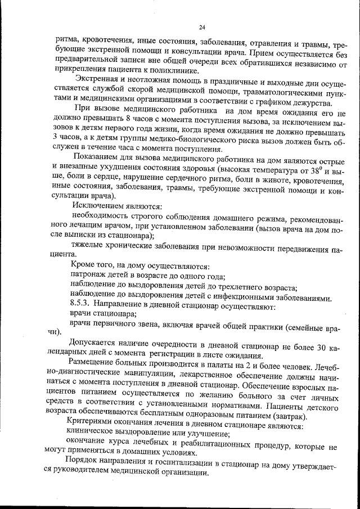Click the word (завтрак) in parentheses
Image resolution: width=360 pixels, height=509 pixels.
pyautogui.click(x=287, y=417)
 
